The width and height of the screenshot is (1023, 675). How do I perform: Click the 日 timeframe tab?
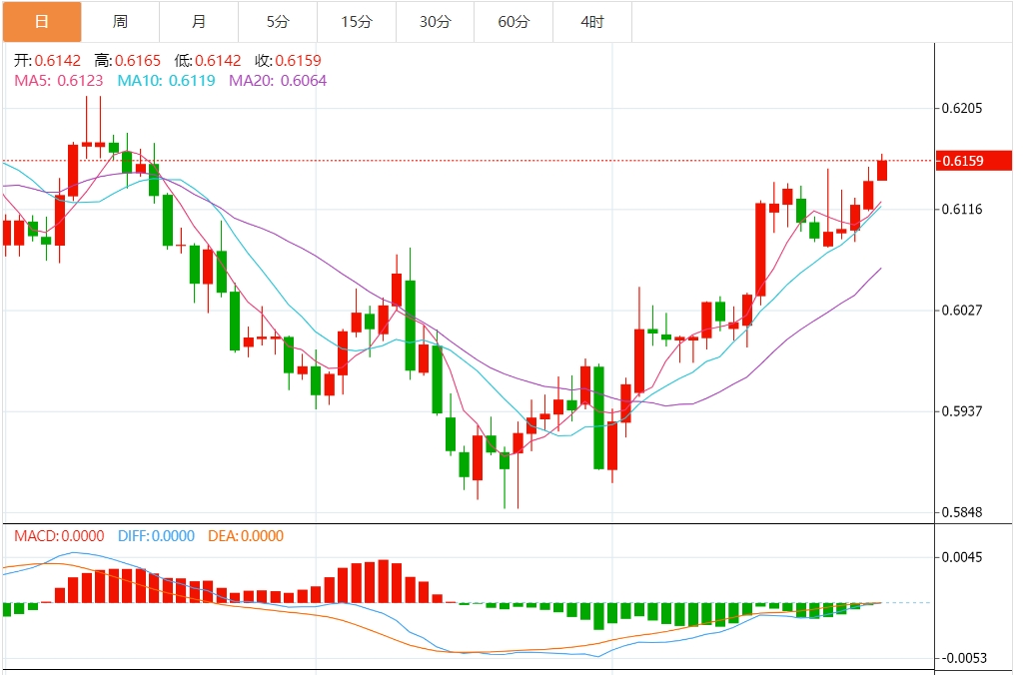[41, 21]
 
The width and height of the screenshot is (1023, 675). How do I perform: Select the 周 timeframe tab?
[120, 21]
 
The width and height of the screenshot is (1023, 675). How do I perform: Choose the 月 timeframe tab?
[199, 21]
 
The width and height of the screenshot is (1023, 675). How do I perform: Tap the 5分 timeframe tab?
[278, 21]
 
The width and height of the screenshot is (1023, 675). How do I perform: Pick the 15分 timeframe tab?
[356, 21]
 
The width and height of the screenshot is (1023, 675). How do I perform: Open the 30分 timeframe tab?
[435, 21]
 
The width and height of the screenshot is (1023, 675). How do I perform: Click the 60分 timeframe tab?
[513, 21]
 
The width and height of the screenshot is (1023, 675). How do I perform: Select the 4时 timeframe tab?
[592, 21]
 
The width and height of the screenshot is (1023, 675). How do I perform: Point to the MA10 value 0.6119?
[192, 80]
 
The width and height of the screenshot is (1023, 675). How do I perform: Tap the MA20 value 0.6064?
[303, 80]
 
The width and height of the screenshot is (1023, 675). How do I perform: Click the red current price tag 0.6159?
[974, 161]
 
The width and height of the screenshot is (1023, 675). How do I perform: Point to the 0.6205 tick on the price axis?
[962, 108]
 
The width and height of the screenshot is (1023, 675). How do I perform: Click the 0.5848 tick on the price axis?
[962, 512]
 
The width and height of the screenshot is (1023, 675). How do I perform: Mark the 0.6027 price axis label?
[962, 310]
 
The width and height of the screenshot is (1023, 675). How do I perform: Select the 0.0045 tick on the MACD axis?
[962, 557]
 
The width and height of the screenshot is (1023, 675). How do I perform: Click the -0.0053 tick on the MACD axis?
[960, 658]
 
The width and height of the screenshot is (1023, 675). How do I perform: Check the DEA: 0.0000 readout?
[245, 536]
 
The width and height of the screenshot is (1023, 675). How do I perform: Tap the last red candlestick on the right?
[882, 171]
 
